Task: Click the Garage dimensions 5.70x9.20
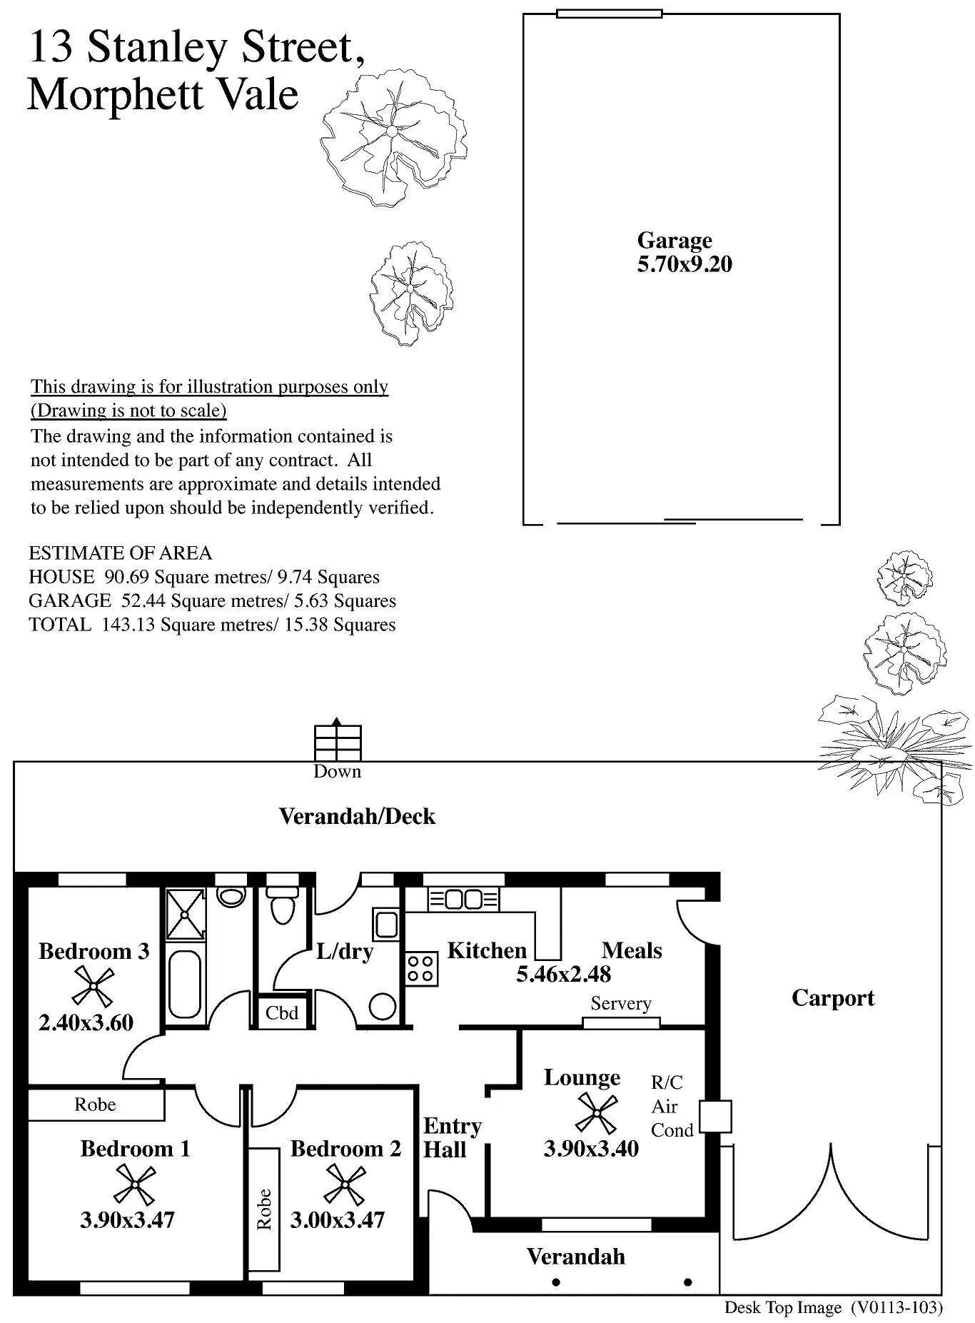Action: (x=684, y=265)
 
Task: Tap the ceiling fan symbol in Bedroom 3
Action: (x=94, y=987)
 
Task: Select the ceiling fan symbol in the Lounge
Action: (x=596, y=1114)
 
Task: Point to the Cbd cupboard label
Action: (x=281, y=1013)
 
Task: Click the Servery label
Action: (x=620, y=1003)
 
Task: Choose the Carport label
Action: (x=832, y=997)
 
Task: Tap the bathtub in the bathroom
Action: (x=185, y=983)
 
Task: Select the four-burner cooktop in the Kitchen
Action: (x=420, y=969)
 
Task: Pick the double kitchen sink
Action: (x=464, y=900)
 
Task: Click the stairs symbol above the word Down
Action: (x=338, y=743)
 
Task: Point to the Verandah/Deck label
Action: (x=357, y=816)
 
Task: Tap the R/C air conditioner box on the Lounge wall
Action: (x=715, y=1117)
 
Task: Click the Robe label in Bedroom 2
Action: (x=264, y=1209)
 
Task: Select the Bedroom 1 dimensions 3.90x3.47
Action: (x=127, y=1219)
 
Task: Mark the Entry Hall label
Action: (x=452, y=1137)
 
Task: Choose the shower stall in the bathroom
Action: (x=186, y=914)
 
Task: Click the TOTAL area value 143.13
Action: (x=128, y=625)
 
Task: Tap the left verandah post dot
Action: (x=556, y=1282)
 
